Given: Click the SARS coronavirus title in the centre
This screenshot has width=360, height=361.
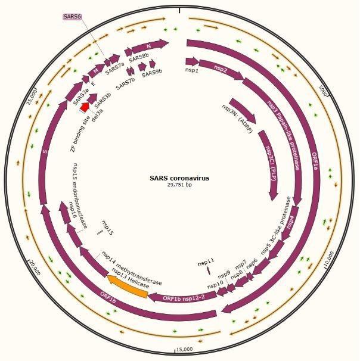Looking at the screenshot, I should pyautogui.click(x=179, y=178).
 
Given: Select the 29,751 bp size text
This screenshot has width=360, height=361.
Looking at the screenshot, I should pyautogui.click(x=179, y=185).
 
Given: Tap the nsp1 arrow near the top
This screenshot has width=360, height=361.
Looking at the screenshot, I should pyautogui.click(x=191, y=61).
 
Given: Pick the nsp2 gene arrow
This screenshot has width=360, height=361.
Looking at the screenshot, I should pyautogui.click(x=221, y=69).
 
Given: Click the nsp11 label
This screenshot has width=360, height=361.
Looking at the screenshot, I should pyautogui.click(x=206, y=262).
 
